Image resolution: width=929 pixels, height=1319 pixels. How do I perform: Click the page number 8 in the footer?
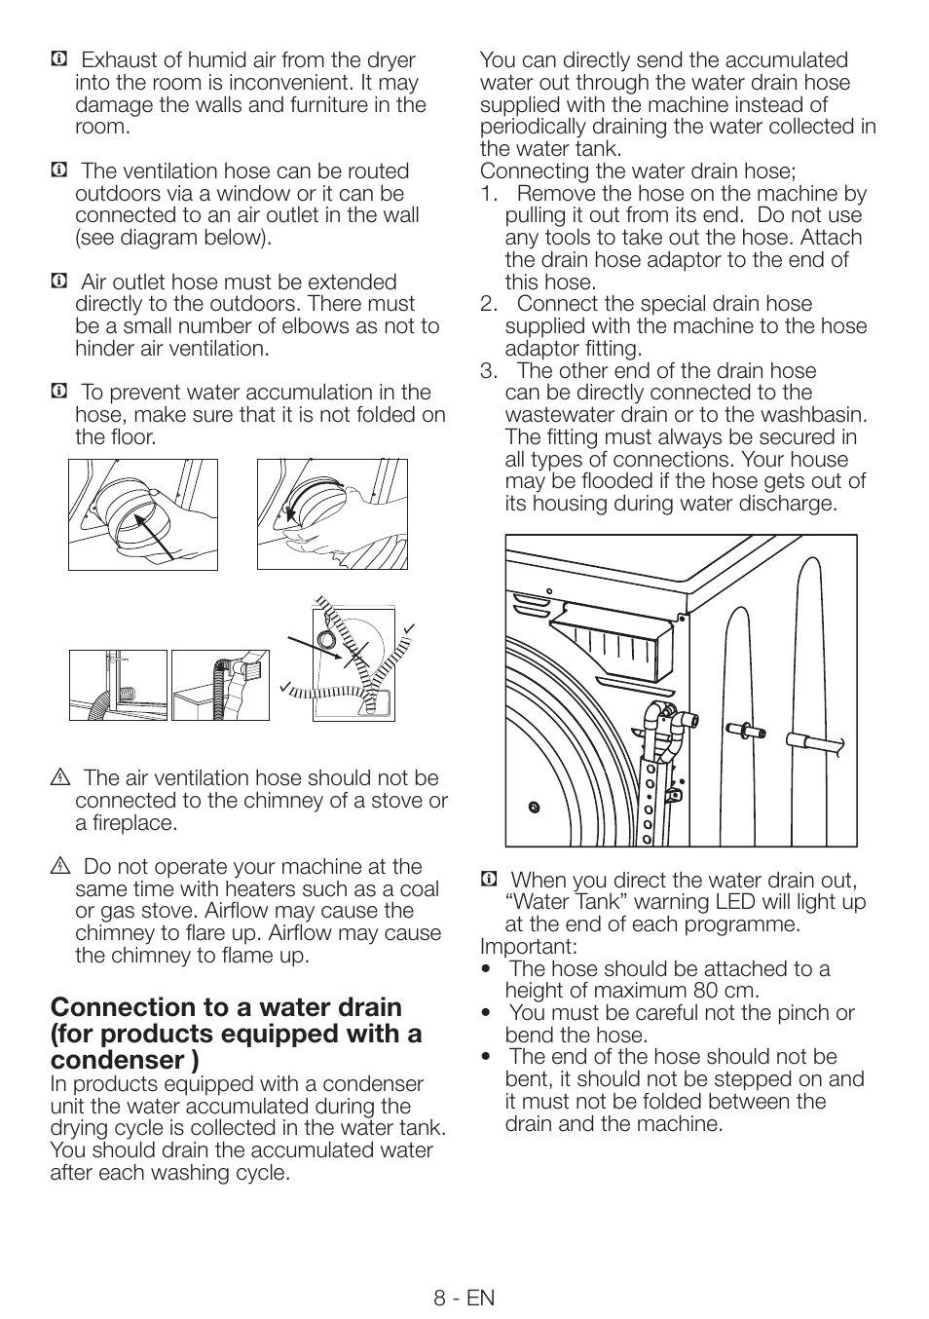pos(441,1298)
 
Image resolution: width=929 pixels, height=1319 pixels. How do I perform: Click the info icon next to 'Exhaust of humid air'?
pos(58,60)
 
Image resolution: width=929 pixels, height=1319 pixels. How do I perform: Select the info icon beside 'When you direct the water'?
pos(489,881)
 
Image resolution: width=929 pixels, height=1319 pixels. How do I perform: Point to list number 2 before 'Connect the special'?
pos(488,304)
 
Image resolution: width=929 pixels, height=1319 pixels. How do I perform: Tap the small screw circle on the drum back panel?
pos(533,806)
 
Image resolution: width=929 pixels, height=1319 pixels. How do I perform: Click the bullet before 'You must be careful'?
pos(486,1013)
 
